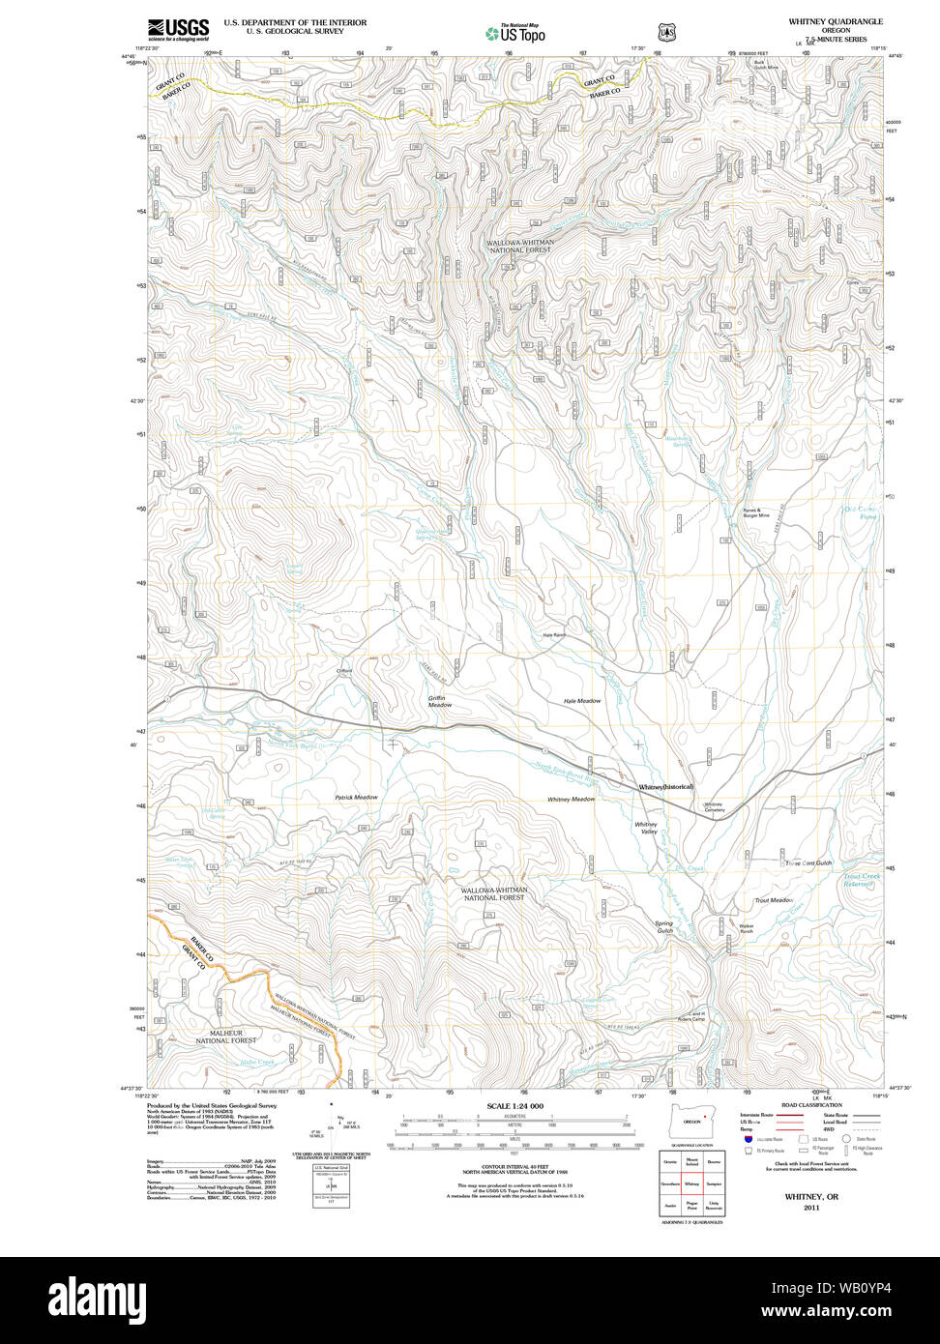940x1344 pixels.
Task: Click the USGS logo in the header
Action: tap(178, 30)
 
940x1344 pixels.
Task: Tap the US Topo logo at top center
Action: tap(515, 34)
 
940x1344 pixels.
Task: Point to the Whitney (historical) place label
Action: tap(666, 787)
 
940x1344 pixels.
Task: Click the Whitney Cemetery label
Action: tap(714, 806)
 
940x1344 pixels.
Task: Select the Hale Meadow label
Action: tap(582, 701)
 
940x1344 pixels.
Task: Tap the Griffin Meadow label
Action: tap(440, 701)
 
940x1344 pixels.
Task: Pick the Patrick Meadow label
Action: tap(356, 798)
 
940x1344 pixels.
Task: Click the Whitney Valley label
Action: tap(646, 829)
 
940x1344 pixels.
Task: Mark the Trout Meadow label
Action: tap(774, 900)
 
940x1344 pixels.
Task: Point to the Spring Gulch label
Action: tap(664, 926)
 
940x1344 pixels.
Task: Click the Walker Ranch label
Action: tap(747, 928)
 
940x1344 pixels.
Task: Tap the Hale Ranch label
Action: tap(553, 635)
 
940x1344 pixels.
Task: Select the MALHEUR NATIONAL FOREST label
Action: tap(226, 1037)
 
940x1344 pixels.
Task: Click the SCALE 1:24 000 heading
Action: tap(514, 1106)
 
